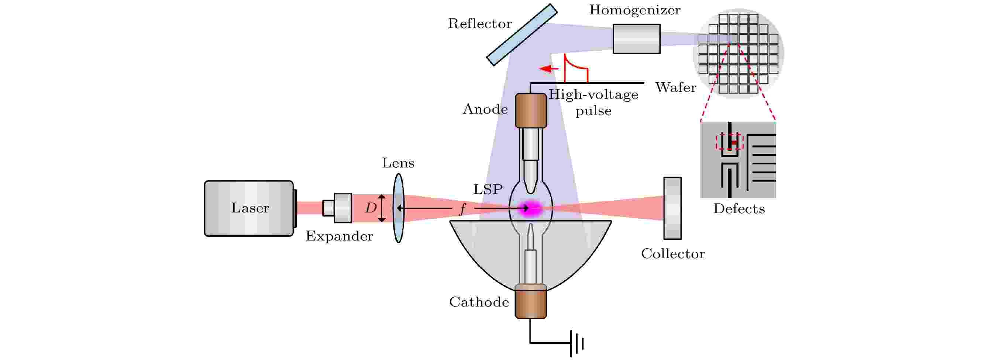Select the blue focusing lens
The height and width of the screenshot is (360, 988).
pyautogui.click(x=399, y=208)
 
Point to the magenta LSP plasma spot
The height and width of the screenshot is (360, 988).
pyautogui.click(x=531, y=208)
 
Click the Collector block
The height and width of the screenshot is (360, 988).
pyautogui.click(x=673, y=208)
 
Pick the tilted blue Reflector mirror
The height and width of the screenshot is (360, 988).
pyautogui.click(x=522, y=35)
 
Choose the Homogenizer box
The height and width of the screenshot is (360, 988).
pyautogui.click(x=637, y=39)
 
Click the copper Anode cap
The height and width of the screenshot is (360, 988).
pyautogui.click(x=531, y=110)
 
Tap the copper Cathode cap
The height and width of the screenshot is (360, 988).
pyautogui.click(x=531, y=301)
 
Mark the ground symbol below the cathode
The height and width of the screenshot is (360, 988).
pyautogui.click(x=577, y=343)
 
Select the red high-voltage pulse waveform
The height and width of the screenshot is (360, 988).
pyautogui.click(x=576, y=68)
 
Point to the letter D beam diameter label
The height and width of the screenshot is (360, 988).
pyautogui.click(x=371, y=208)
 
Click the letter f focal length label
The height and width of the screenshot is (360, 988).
pyautogui.click(x=462, y=209)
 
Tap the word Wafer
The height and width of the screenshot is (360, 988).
pyautogui.click(x=675, y=87)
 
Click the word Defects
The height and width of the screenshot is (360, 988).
pyautogui.click(x=739, y=208)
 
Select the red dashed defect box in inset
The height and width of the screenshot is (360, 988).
pyautogui.click(x=730, y=142)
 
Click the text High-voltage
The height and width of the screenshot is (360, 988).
pyautogui.click(x=593, y=94)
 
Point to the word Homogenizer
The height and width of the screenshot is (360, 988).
pyautogui.click(x=635, y=10)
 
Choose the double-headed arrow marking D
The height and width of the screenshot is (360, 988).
pyautogui.click(x=382, y=208)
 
